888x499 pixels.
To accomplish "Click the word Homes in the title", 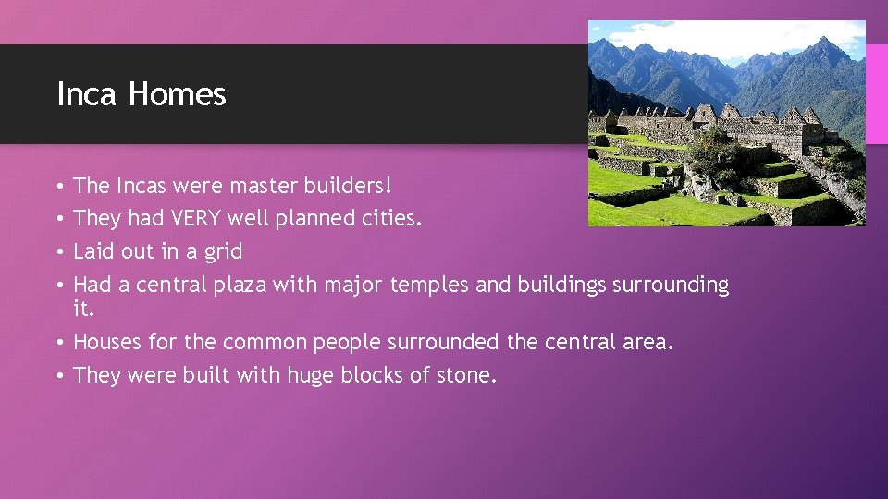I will pos(177,94).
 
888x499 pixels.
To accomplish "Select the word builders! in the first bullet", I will pos(345,186).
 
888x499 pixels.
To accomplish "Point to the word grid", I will pos(223,251).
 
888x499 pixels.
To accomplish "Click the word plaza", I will pos(240,285).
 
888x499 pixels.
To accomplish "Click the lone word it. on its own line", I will pos(83,309).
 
